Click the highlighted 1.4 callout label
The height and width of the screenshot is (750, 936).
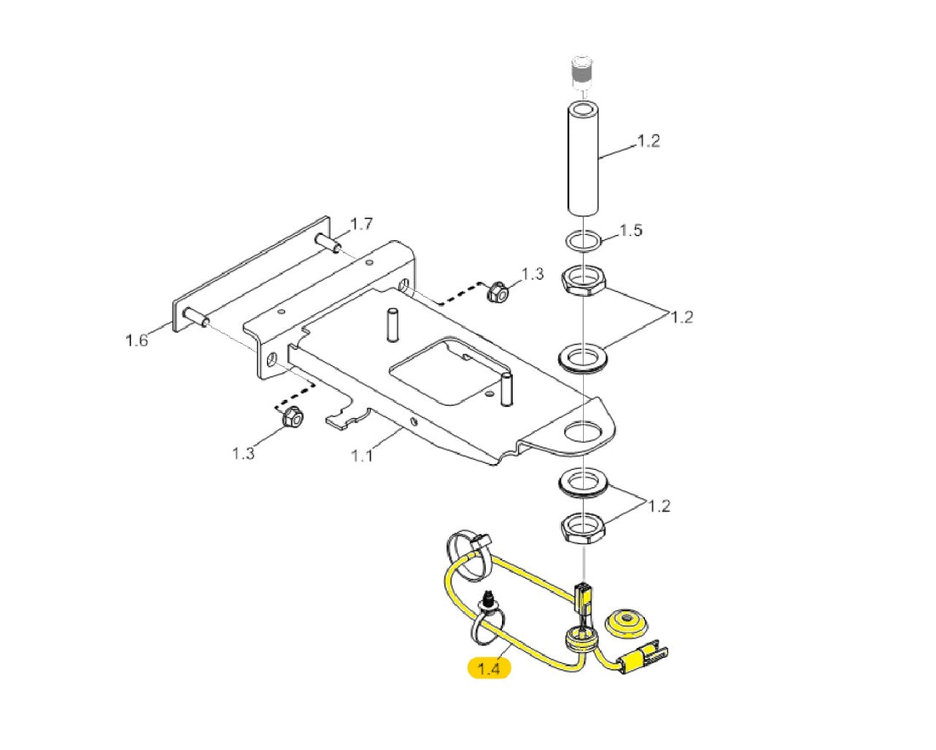[x=489, y=667]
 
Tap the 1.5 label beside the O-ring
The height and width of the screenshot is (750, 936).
[x=631, y=231]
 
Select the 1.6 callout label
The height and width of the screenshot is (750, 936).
[x=136, y=341]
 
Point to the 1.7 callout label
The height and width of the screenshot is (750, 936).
[x=361, y=224]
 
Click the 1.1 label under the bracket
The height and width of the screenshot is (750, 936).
[x=361, y=456]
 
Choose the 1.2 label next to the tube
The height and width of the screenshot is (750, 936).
[x=648, y=141]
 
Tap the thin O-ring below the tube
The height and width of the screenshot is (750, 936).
[x=584, y=241]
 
